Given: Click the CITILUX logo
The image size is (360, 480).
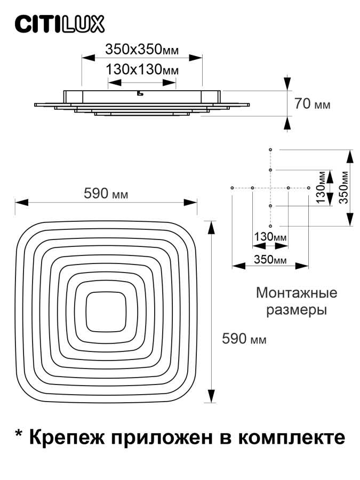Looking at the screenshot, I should pos(59,23).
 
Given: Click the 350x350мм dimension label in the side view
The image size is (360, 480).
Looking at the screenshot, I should pos(141,50).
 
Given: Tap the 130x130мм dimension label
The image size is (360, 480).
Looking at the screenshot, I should pos(141,70).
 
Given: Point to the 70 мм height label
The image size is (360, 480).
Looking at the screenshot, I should pos(313,104).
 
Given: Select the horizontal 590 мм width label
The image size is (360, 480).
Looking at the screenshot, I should pos(106,193).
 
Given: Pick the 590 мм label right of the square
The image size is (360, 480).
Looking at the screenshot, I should pos(244,338).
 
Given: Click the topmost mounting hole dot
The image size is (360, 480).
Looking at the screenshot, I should pos(271,149).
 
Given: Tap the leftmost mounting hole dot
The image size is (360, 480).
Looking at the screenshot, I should pos(233,188).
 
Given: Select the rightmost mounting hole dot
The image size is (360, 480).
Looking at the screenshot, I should pos(309,188).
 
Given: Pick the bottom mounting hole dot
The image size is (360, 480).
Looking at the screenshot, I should pos(271,226).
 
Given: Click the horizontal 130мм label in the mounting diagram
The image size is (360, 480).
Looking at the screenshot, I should pos(269,236).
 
